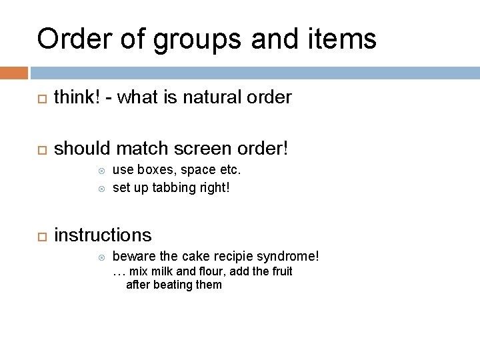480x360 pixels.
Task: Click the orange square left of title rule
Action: (14, 72)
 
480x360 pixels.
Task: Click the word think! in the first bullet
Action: (75, 98)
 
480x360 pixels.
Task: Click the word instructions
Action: (103, 235)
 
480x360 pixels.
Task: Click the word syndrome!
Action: (290, 257)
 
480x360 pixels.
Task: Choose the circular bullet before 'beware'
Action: (101, 257)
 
